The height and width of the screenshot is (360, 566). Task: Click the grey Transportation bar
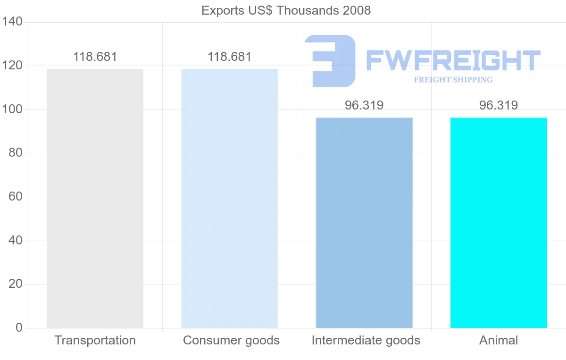pos(95,198)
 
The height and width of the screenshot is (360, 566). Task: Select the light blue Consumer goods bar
pos(230,198)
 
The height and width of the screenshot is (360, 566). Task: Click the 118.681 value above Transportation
pos(95,57)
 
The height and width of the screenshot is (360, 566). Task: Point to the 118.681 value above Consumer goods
pos(230,57)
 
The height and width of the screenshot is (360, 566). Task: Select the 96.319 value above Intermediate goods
pos(364,105)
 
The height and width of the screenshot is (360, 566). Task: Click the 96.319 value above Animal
pos(499,105)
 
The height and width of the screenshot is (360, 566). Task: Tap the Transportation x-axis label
pos(95,340)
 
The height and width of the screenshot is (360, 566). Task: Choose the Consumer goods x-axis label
pos(231,340)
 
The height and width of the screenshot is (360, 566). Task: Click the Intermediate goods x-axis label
pos(366,340)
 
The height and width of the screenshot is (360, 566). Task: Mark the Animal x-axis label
pos(499,340)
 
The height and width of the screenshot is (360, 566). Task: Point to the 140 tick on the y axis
pos(12,22)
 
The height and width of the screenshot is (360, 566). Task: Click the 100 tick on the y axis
pos(12,109)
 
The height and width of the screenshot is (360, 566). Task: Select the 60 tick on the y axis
pos(15,197)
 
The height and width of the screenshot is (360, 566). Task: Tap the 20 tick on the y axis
pos(15,284)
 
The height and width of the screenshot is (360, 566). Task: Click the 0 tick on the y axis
pos(19,327)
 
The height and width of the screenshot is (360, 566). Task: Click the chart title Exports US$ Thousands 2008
pos(286,10)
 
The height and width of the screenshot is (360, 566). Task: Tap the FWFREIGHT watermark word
pos(453,60)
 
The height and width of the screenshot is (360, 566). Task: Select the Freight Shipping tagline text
pos(453,80)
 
